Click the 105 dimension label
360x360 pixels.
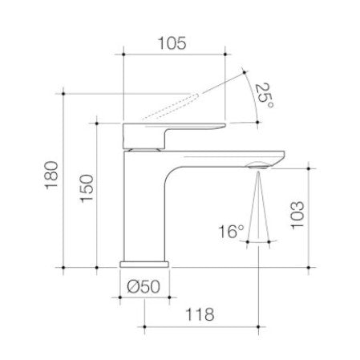click(x=172, y=43)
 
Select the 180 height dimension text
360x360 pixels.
click(x=51, y=176)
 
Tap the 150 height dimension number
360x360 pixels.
click(x=87, y=188)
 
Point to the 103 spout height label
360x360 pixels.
click(x=297, y=215)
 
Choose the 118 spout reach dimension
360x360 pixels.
click(x=200, y=314)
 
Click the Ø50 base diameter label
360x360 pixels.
click(x=144, y=286)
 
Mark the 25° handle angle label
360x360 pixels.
click(x=264, y=95)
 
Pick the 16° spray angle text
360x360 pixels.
click(x=231, y=232)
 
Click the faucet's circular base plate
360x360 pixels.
click(x=144, y=265)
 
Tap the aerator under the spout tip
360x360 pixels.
click(x=258, y=167)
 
